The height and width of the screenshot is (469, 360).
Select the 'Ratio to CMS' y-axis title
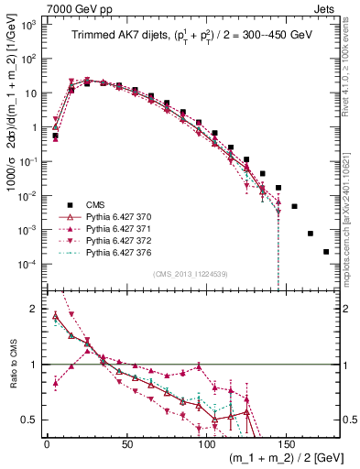pyautogui.click(x=11, y=365)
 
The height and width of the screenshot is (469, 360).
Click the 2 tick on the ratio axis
pyautogui.click(x=35, y=309)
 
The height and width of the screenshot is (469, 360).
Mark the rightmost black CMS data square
pyautogui.click(x=326, y=252)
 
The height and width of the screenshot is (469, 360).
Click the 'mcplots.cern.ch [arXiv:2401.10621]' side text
pyautogui.click(x=352, y=211)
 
